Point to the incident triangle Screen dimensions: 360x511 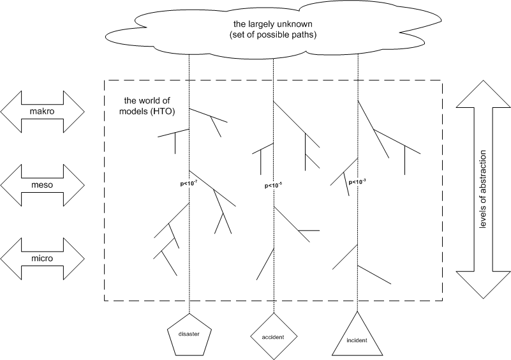pos(358,335)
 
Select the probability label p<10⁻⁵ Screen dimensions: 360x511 pos(273,186)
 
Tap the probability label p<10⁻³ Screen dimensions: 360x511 pos(357,182)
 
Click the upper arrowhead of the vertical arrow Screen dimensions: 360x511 pos(483,96)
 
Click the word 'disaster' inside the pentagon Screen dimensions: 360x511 pos(189,334)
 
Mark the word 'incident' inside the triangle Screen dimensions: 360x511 pos(358,340)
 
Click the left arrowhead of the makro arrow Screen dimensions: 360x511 pos(11,111)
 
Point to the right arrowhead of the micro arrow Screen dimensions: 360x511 pos(75,259)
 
